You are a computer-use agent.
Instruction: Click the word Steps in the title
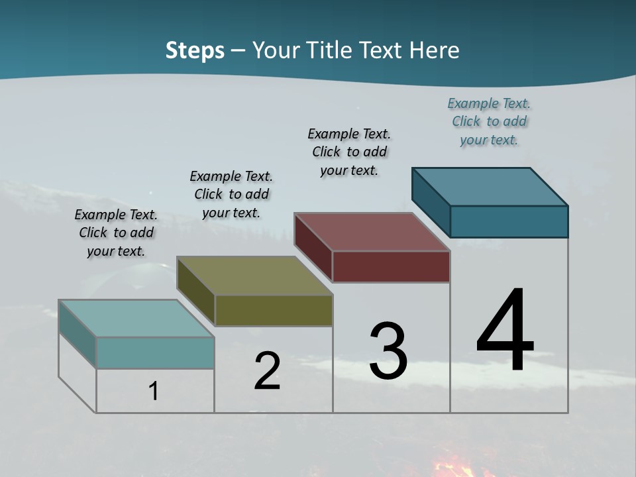(195, 50)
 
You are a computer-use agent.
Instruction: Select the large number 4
(505, 331)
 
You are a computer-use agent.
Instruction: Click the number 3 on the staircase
(388, 351)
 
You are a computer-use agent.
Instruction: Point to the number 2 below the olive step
(267, 371)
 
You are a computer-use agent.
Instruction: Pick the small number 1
(154, 391)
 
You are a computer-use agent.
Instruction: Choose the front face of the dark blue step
(509, 221)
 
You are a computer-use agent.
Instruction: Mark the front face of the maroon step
(391, 266)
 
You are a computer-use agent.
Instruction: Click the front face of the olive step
(274, 310)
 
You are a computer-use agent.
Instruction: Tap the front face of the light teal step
(155, 352)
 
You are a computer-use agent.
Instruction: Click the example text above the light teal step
(116, 233)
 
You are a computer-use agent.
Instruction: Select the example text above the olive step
(231, 194)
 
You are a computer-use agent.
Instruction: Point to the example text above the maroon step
(349, 152)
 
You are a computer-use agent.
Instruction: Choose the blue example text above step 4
(489, 121)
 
